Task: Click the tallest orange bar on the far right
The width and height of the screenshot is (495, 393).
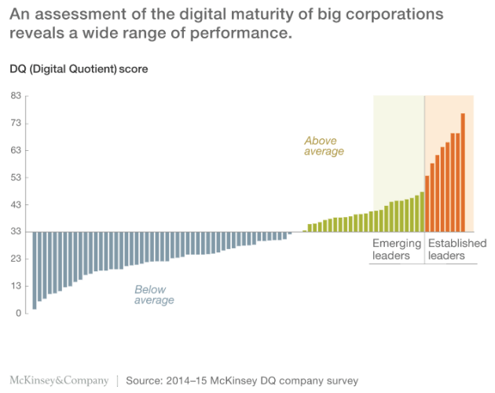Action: tap(463, 173)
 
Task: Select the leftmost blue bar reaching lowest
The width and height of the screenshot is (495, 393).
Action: tap(35, 270)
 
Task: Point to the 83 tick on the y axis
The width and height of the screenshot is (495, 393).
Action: tap(15, 96)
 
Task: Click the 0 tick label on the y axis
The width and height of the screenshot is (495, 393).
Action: tap(17, 314)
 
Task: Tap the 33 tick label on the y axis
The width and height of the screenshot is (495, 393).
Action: tap(15, 232)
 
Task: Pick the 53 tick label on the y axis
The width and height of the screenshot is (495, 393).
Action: tap(15, 178)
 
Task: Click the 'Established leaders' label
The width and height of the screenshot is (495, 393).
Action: tap(456, 249)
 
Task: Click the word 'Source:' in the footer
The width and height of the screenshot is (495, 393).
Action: tap(145, 380)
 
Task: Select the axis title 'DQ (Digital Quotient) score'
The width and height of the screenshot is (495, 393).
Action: tap(78, 68)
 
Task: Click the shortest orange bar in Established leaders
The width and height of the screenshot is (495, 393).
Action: tap(427, 204)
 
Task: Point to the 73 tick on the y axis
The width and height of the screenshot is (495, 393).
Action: tap(15, 123)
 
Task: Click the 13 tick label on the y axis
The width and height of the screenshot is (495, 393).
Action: tap(15, 286)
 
